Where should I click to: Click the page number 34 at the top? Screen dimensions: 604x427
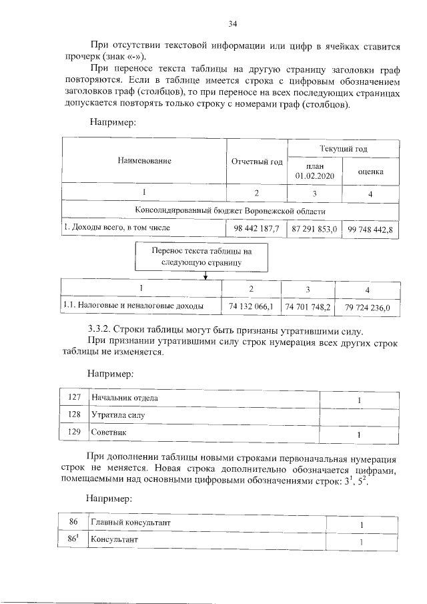(233, 24)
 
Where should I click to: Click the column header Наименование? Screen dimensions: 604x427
(145, 161)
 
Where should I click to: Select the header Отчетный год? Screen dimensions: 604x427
(257, 162)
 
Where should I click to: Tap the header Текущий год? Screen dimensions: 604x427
(344, 148)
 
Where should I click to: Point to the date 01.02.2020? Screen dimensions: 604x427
(314, 176)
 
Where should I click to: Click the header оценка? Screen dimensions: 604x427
(370, 171)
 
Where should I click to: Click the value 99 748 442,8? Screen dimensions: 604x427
(370, 229)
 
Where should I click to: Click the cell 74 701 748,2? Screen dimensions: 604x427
(308, 306)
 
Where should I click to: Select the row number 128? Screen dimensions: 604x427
(75, 414)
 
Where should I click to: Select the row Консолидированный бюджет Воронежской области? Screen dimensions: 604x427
(230, 211)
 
